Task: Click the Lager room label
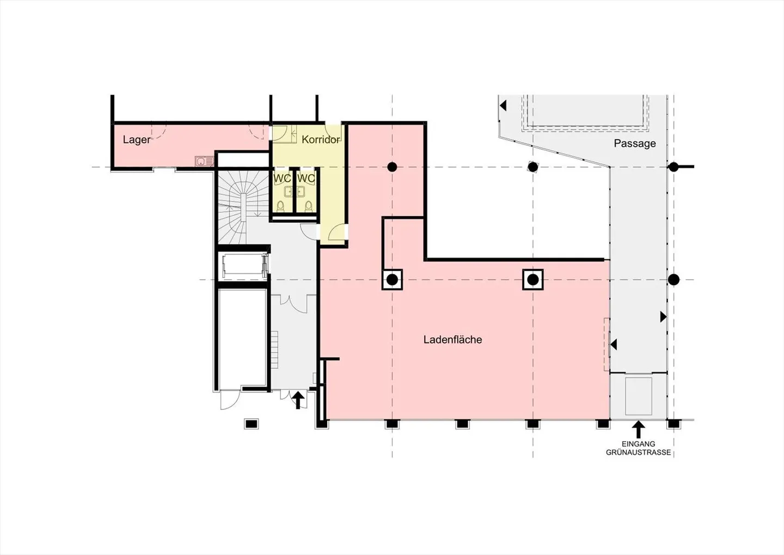[137, 140]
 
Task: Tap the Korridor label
[321, 140]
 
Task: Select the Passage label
[635, 144]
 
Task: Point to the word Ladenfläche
[452, 339]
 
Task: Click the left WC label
[282, 178]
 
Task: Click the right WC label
[306, 178]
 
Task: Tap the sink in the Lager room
[204, 161]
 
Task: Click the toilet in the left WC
[281, 206]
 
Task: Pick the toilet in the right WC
[308, 206]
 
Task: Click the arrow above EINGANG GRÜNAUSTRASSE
[639, 430]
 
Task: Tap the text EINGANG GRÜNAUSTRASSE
[639, 449]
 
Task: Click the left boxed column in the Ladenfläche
[392, 280]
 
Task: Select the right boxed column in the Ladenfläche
[532, 280]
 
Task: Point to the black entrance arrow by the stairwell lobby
[298, 400]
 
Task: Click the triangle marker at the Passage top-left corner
[503, 106]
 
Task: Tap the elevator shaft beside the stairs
[243, 266]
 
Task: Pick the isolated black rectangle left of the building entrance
[252, 424]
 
